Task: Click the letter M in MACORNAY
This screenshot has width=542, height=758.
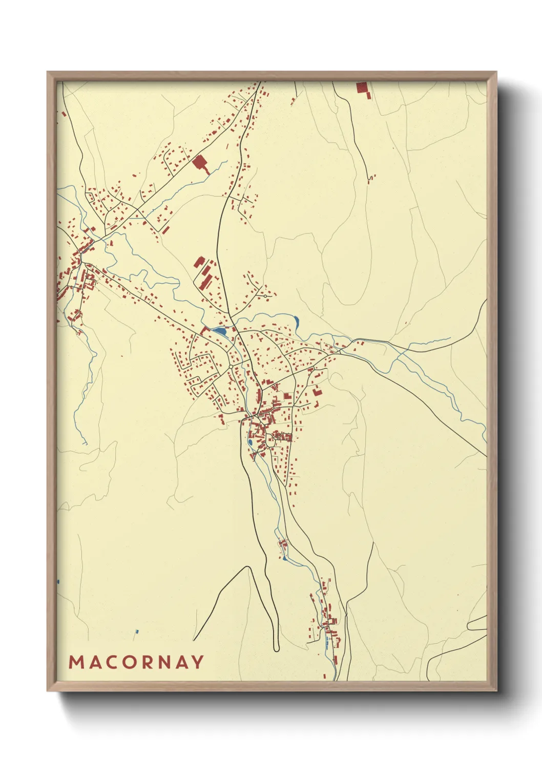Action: point(76,662)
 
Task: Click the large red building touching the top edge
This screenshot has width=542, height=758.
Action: point(362,88)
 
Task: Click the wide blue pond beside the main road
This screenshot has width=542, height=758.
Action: point(220,331)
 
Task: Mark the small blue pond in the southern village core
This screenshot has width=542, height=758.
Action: point(249,441)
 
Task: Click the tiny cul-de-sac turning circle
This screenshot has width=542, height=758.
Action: point(265,296)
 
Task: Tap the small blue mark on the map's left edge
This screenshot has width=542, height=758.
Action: point(58,582)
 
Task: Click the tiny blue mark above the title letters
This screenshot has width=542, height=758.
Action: point(136,631)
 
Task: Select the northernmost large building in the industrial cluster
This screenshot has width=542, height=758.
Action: point(199,262)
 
